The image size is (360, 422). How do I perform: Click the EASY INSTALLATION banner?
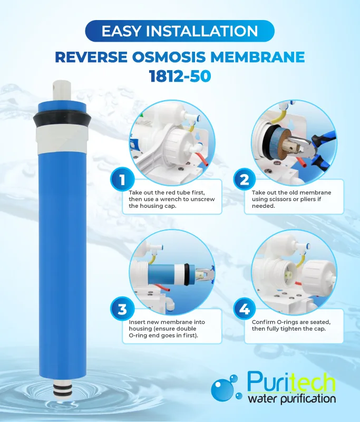(180, 31)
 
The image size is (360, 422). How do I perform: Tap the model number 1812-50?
(180, 76)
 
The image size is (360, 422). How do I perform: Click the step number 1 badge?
(122, 179)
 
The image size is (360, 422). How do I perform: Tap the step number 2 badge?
(245, 179)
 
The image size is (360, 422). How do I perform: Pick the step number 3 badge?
(122, 309)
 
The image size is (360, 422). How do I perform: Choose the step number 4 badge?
(245, 309)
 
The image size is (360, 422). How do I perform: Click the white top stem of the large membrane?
(62, 91)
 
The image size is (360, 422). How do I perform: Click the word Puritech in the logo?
(291, 382)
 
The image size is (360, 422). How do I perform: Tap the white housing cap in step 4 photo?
(318, 276)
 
